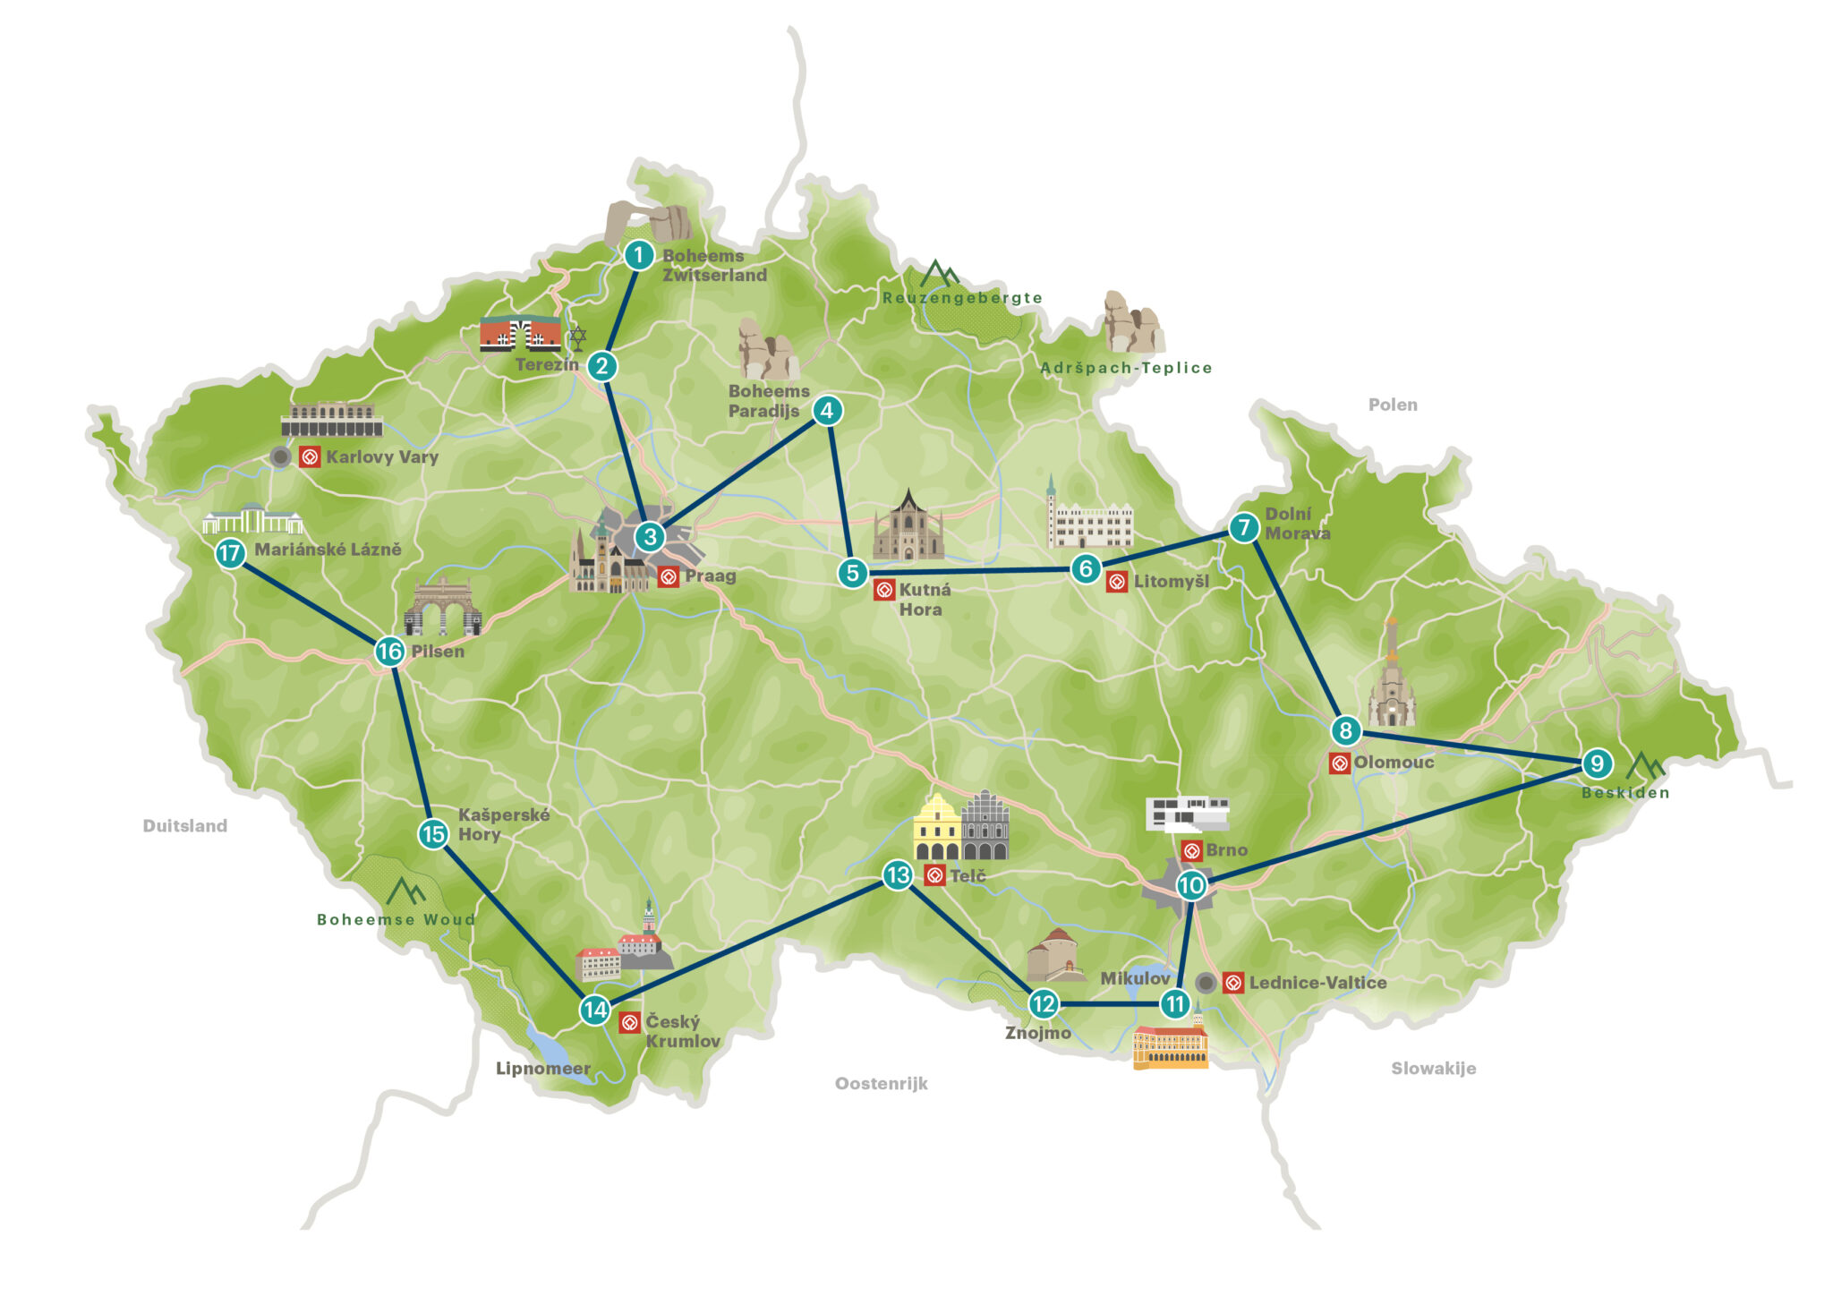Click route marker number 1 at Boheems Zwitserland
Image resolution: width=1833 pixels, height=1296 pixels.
[638, 255]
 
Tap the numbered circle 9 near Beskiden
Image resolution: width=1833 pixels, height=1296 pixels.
[1597, 763]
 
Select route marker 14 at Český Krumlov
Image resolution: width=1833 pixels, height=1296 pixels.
[595, 1010]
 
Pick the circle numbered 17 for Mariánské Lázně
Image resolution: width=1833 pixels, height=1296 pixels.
[230, 553]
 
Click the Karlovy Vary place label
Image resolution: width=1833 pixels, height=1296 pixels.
[382, 457]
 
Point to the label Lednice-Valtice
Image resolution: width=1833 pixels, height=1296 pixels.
[1317, 983]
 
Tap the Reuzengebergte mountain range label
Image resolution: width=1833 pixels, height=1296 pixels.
[962, 298]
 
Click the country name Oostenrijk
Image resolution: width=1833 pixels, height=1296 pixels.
[881, 1084]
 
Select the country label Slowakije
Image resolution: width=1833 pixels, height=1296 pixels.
[1433, 1068]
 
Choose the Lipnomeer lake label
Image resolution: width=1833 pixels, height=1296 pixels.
[542, 1069]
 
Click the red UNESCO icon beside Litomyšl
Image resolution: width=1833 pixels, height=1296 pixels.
[1117, 582]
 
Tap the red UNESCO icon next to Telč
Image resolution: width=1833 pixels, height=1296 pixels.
[934, 875]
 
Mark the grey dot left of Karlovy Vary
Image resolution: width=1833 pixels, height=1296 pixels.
[281, 457]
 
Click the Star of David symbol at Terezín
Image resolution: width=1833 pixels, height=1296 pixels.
[577, 337]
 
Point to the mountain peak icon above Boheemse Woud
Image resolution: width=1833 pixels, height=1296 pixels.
[405, 891]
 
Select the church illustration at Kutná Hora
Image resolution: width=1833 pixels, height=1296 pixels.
[908, 528]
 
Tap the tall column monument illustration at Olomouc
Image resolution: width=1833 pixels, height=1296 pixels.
[1391, 676]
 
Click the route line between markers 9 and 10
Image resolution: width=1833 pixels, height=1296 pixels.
[1394, 824]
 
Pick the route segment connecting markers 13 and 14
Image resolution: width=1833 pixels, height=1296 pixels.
[746, 942]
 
